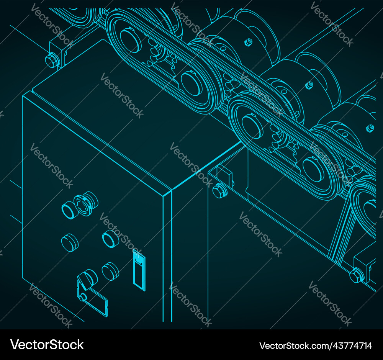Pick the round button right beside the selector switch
coord(110,271)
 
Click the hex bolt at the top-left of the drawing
coord(51,60)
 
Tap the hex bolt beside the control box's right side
coord(220,191)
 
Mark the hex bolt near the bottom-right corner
coord(356,275)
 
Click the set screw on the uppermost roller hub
coord(248,41)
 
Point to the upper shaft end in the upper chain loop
coord(131,39)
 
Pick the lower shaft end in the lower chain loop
coord(313,169)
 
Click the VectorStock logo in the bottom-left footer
coord(47,344)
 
